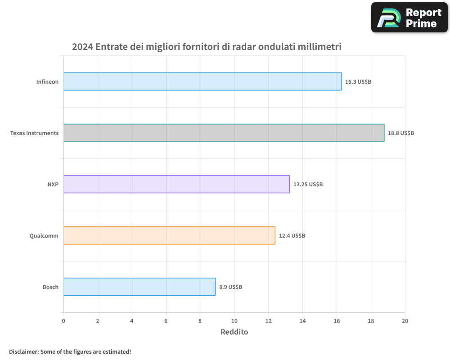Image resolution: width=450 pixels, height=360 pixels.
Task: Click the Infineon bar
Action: point(202,81)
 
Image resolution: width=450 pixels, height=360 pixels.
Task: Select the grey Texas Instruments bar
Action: point(224,133)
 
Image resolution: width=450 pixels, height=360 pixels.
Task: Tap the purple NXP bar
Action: point(176,184)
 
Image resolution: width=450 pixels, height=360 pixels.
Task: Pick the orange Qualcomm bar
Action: point(169,235)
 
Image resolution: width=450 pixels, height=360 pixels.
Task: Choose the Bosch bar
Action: point(139,287)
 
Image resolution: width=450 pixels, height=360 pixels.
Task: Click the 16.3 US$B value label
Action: point(358,82)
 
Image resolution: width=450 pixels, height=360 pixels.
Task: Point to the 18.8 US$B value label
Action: point(401,133)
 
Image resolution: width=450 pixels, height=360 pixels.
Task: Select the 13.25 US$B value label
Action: point(308,184)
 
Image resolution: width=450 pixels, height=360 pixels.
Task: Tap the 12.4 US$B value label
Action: point(292,236)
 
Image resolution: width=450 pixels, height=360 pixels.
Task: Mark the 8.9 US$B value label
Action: point(231,287)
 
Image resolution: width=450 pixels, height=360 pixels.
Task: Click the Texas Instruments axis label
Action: point(34,133)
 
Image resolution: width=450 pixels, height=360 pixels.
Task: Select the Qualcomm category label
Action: point(44,236)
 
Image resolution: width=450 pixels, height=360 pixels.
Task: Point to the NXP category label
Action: point(53,184)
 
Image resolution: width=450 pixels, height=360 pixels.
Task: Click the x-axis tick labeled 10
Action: point(234,321)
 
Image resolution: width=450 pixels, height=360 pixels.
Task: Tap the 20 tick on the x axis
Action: point(405,321)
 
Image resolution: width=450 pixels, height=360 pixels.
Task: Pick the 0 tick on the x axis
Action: point(63,321)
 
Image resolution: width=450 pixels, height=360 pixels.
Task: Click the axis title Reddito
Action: point(234,332)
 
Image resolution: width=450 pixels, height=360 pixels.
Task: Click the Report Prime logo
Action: point(409,18)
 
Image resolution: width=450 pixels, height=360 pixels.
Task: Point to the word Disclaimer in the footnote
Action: point(23,351)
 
